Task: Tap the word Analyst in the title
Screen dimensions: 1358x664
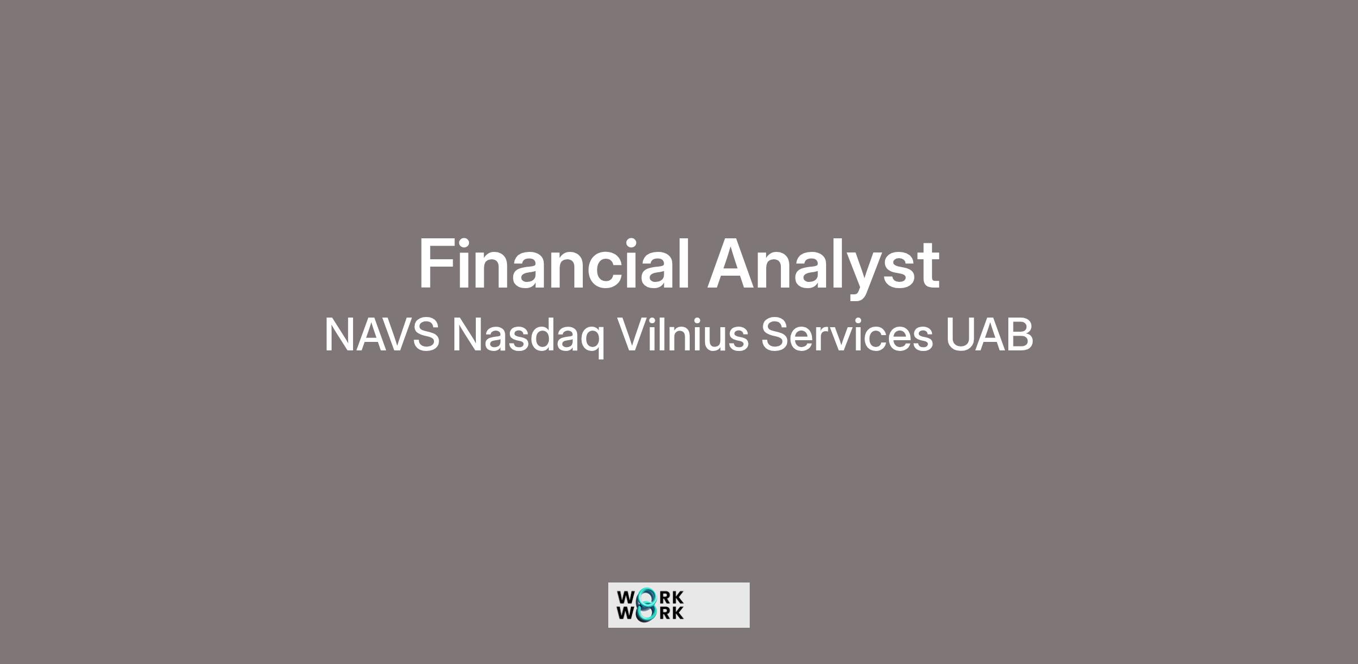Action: pyautogui.click(x=824, y=266)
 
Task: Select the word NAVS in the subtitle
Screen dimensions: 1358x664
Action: pyautogui.click(x=382, y=335)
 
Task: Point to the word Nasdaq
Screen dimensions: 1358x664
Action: pyautogui.click(x=528, y=337)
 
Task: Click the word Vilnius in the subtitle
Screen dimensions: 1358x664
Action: pyautogui.click(x=683, y=334)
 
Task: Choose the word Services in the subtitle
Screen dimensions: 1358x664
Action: pyautogui.click(x=846, y=335)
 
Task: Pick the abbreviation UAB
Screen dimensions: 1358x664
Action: pyautogui.click(x=990, y=335)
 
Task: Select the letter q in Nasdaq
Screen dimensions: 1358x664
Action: pyautogui.click(x=590, y=342)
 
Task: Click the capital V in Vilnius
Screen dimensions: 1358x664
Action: pyautogui.click(x=633, y=335)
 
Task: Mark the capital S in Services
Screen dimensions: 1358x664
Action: pyautogui.click(x=776, y=335)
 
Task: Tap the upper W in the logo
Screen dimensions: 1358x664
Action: pyautogui.click(x=626, y=598)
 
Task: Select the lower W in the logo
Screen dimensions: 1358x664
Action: pyautogui.click(x=626, y=612)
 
